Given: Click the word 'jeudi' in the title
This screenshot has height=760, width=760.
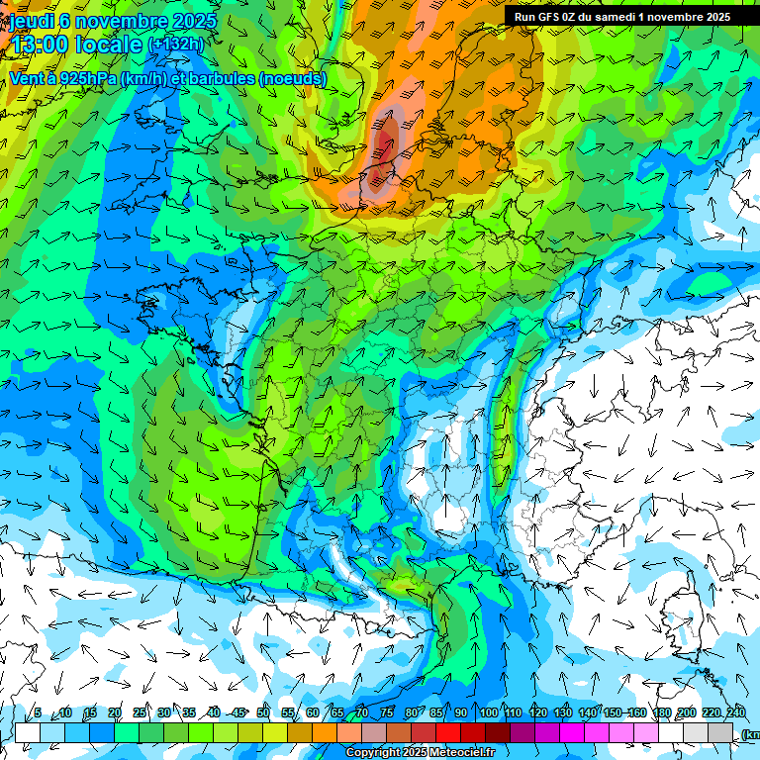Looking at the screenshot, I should [x=32, y=21].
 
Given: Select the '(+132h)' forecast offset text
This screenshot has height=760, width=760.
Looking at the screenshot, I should [x=176, y=45].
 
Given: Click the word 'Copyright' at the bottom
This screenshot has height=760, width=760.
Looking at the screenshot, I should [x=373, y=753].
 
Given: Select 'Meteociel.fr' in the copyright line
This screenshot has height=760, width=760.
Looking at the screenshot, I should [x=462, y=753].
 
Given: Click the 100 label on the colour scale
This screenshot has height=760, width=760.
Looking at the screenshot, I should [x=489, y=712].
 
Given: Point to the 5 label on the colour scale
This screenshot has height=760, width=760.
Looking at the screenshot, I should [x=38, y=712].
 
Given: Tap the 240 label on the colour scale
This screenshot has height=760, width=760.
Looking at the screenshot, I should [x=736, y=712].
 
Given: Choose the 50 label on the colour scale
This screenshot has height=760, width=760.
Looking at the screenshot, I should [x=263, y=712].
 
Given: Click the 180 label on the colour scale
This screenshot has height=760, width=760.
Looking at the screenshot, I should [x=661, y=712].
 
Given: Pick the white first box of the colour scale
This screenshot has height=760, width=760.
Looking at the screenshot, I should [x=28, y=732].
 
